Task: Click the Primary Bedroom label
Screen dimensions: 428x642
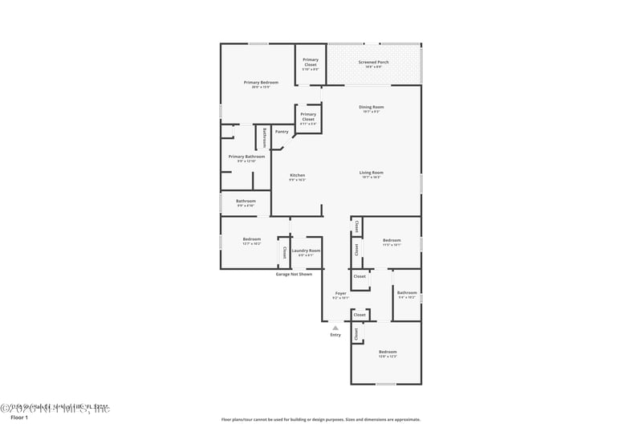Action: click(x=262, y=82)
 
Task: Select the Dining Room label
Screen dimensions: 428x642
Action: click(x=371, y=107)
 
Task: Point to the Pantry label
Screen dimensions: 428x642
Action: click(x=282, y=132)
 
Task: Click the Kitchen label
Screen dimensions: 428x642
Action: click(x=297, y=175)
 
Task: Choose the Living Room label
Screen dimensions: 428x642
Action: click(x=371, y=173)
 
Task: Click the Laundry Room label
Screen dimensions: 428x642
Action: click(x=306, y=251)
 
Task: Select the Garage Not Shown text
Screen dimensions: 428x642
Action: click(x=294, y=274)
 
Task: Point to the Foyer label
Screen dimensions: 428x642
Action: click(x=340, y=293)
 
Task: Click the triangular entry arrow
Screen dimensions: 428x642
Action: click(x=335, y=328)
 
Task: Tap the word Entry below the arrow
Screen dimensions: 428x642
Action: click(x=335, y=335)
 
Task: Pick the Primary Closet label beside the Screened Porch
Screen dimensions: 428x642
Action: click(x=310, y=61)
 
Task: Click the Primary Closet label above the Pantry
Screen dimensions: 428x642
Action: click(x=308, y=116)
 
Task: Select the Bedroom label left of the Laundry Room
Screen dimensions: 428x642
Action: click(x=252, y=238)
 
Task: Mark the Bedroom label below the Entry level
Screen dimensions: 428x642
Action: click(x=388, y=352)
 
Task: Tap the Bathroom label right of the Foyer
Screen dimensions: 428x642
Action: click(x=407, y=292)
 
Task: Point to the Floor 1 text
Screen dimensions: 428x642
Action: click(x=18, y=418)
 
